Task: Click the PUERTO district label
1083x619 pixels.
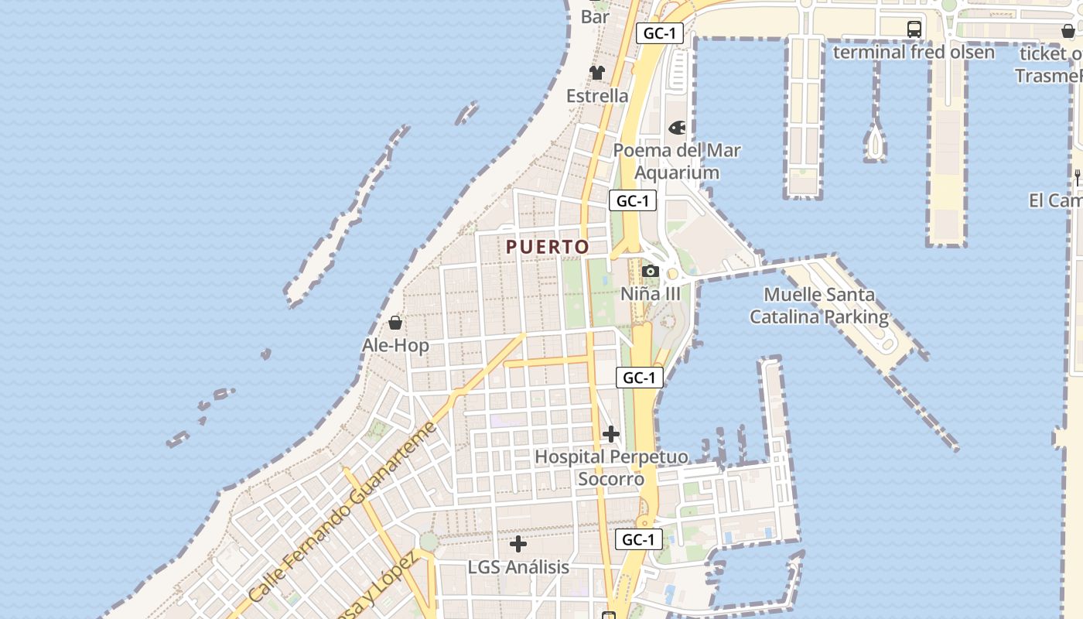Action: click(547, 247)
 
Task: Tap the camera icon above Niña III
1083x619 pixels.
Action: click(651, 271)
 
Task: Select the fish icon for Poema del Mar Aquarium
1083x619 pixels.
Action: click(678, 127)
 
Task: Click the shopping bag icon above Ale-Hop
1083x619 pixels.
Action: click(395, 322)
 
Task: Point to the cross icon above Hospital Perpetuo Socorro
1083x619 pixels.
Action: click(611, 433)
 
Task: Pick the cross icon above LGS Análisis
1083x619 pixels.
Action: click(518, 544)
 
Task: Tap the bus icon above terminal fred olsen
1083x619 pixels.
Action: click(914, 29)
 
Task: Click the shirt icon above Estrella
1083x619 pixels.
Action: click(597, 73)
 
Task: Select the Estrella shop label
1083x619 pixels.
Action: click(597, 96)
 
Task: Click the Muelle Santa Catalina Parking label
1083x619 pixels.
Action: click(819, 306)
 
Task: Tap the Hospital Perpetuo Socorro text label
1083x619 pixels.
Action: click(611, 468)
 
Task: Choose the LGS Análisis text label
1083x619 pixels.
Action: click(518, 567)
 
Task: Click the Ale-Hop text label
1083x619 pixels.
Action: click(395, 345)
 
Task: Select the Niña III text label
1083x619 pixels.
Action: click(651, 294)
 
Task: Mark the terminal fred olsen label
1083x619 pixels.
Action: click(914, 52)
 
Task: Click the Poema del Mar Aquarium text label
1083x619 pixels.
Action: click(677, 161)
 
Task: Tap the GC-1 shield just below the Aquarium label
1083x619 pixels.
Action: click(633, 201)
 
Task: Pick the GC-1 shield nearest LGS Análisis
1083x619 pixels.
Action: click(639, 539)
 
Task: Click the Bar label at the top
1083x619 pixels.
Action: click(595, 16)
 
